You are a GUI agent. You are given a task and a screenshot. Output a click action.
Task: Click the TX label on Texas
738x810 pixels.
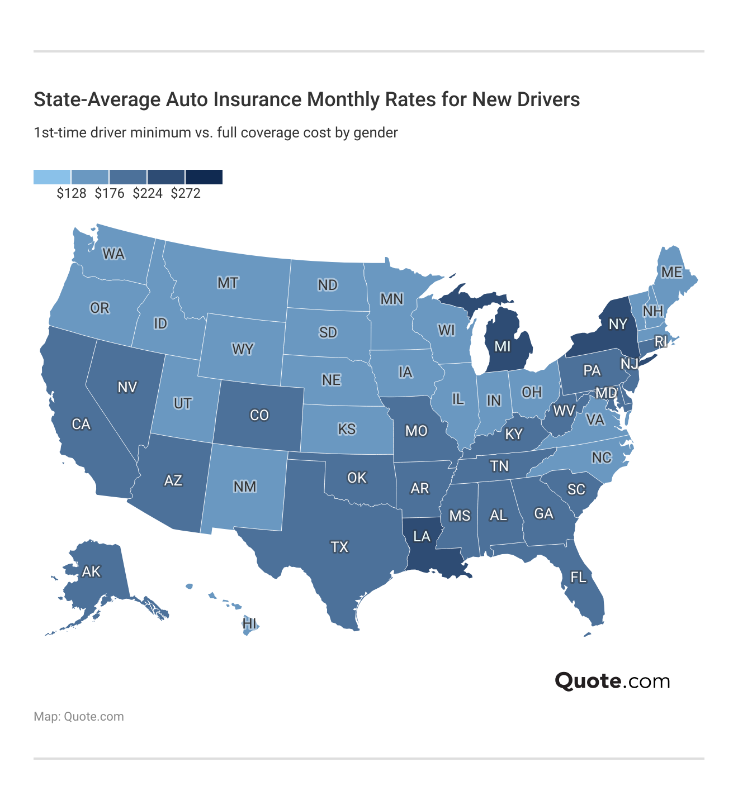[x=339, y=547]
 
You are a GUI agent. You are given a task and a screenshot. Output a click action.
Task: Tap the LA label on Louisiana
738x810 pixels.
[x=422, y=537]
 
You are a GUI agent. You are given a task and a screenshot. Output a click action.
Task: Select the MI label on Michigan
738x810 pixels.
[x=503, y=347]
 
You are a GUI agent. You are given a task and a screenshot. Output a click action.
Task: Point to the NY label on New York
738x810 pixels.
[x=618, y=324]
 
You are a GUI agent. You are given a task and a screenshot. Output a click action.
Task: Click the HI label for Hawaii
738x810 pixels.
[x=249, y=623]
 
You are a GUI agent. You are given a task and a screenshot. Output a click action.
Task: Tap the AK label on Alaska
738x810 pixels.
[x=91, y=571]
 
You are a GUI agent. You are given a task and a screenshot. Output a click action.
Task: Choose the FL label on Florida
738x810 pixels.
[x=578, y=577]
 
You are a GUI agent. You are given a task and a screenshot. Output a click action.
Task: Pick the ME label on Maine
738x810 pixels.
[x=671, y=272]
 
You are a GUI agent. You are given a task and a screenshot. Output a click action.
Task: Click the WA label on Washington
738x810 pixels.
[x=113, y=254]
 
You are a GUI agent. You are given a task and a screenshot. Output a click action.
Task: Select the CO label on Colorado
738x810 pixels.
[x=259, y=415]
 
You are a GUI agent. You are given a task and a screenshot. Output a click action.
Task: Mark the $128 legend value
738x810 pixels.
[x=72, y=193]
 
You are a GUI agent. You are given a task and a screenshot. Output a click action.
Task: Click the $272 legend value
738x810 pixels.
[x=186, y=193]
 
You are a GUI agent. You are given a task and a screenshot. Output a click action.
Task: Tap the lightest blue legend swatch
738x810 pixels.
[x=52, y=177]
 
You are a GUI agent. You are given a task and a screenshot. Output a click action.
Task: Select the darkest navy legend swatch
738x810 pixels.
[x=204, y=177]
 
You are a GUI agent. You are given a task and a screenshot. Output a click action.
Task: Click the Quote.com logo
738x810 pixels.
[x=612, y=681]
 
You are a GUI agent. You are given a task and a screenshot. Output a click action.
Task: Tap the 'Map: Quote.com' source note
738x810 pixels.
[x=79, y=717]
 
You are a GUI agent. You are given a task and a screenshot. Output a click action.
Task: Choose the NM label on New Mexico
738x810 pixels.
[x=245, y=487]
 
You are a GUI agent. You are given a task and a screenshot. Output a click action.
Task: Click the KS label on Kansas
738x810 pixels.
[x=347, y=429]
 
